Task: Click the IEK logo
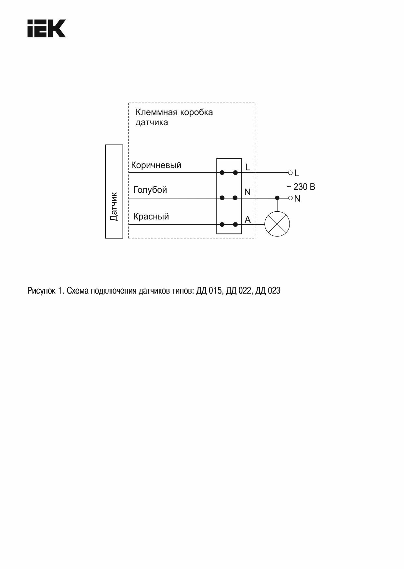pos(47,29)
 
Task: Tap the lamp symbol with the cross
pos(277,224)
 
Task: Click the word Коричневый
pos(156,165)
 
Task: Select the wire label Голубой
pos(150,190)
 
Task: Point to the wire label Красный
pos(151,217)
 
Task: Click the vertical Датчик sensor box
pos(114,192)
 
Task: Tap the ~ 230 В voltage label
pos(301,187)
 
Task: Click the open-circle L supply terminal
pos(290,172)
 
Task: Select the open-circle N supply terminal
pos(290,198)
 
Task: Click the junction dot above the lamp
pos(277,198)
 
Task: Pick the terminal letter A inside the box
pos(248,220)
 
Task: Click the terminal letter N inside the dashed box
pos(248,192)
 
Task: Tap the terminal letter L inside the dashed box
pos(248,167)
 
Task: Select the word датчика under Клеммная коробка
pos(152,123)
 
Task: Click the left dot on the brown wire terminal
pos(222,172)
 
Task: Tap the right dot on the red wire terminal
pos(236,224)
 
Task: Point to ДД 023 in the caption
pos(268,291)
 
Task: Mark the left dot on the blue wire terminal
pos(222,198)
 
